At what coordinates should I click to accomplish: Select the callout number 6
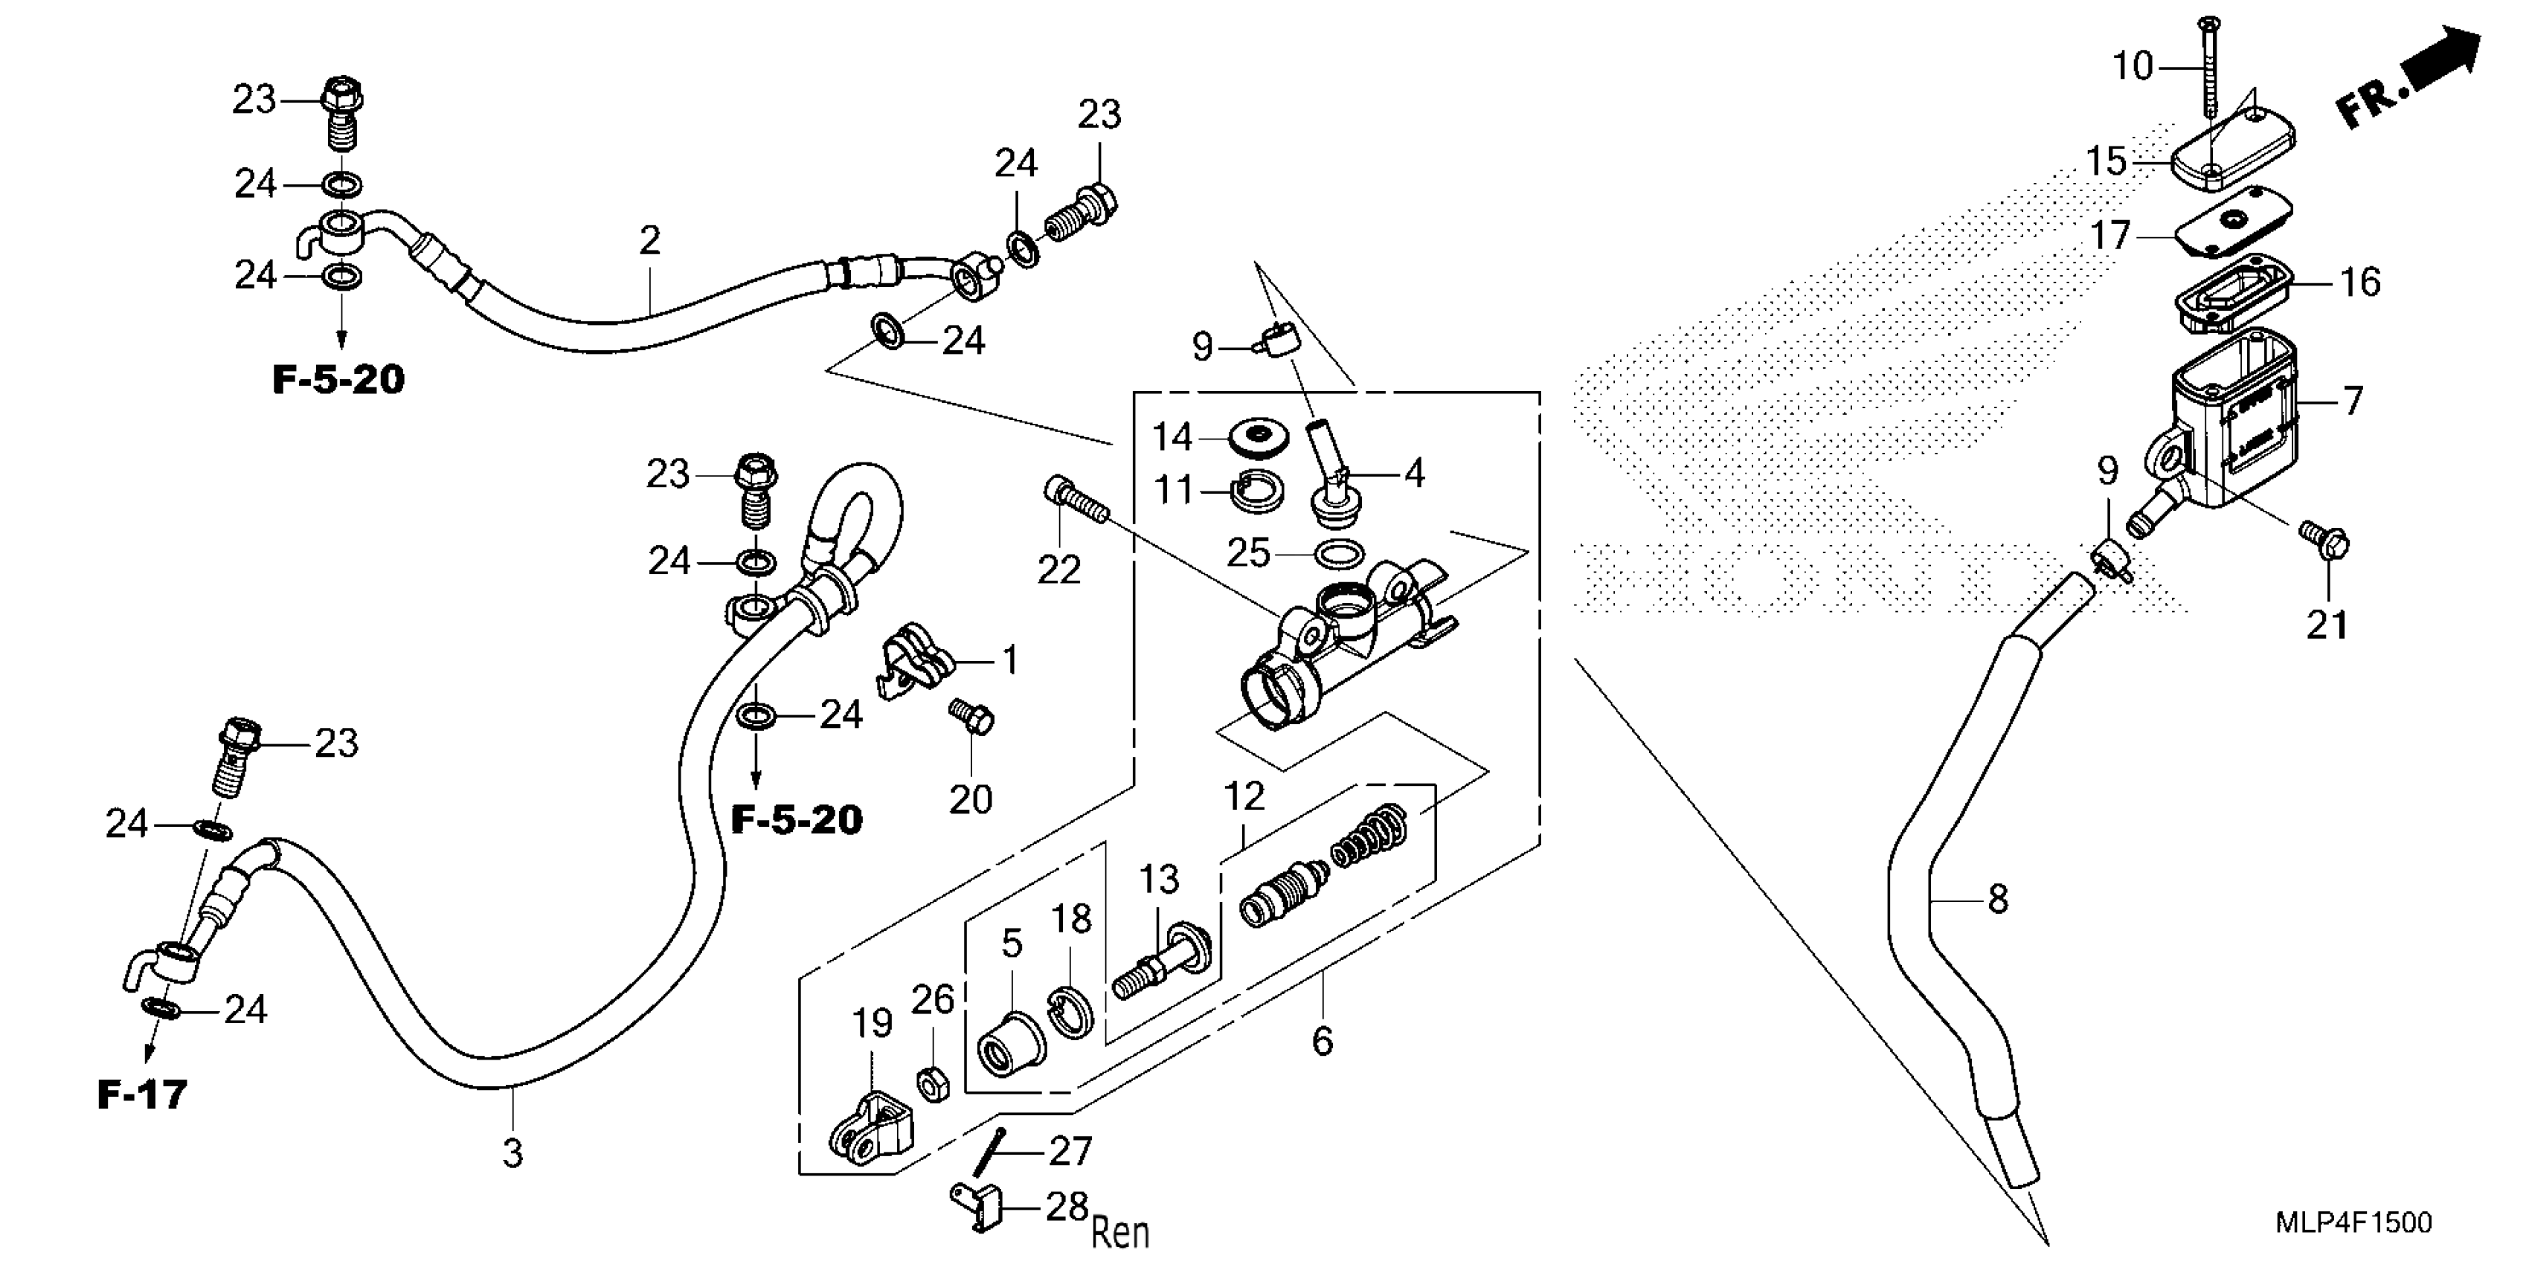pyautogui.click(x=1323, y=1041)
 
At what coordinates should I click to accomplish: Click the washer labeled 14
pyautogui.click(x=1258, y=436)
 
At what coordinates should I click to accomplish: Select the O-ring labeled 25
pyautogui.click(x=1338, y=555)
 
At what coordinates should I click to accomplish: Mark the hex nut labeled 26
pyautogui.click(x=933, y=1083)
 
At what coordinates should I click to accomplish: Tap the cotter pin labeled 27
pyautogui.click(x=989, y=1151)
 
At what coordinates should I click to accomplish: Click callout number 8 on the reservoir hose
pyautogui.click(x=1998, y=899)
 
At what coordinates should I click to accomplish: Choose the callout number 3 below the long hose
pyautogui.click(x=512, y=1153)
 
